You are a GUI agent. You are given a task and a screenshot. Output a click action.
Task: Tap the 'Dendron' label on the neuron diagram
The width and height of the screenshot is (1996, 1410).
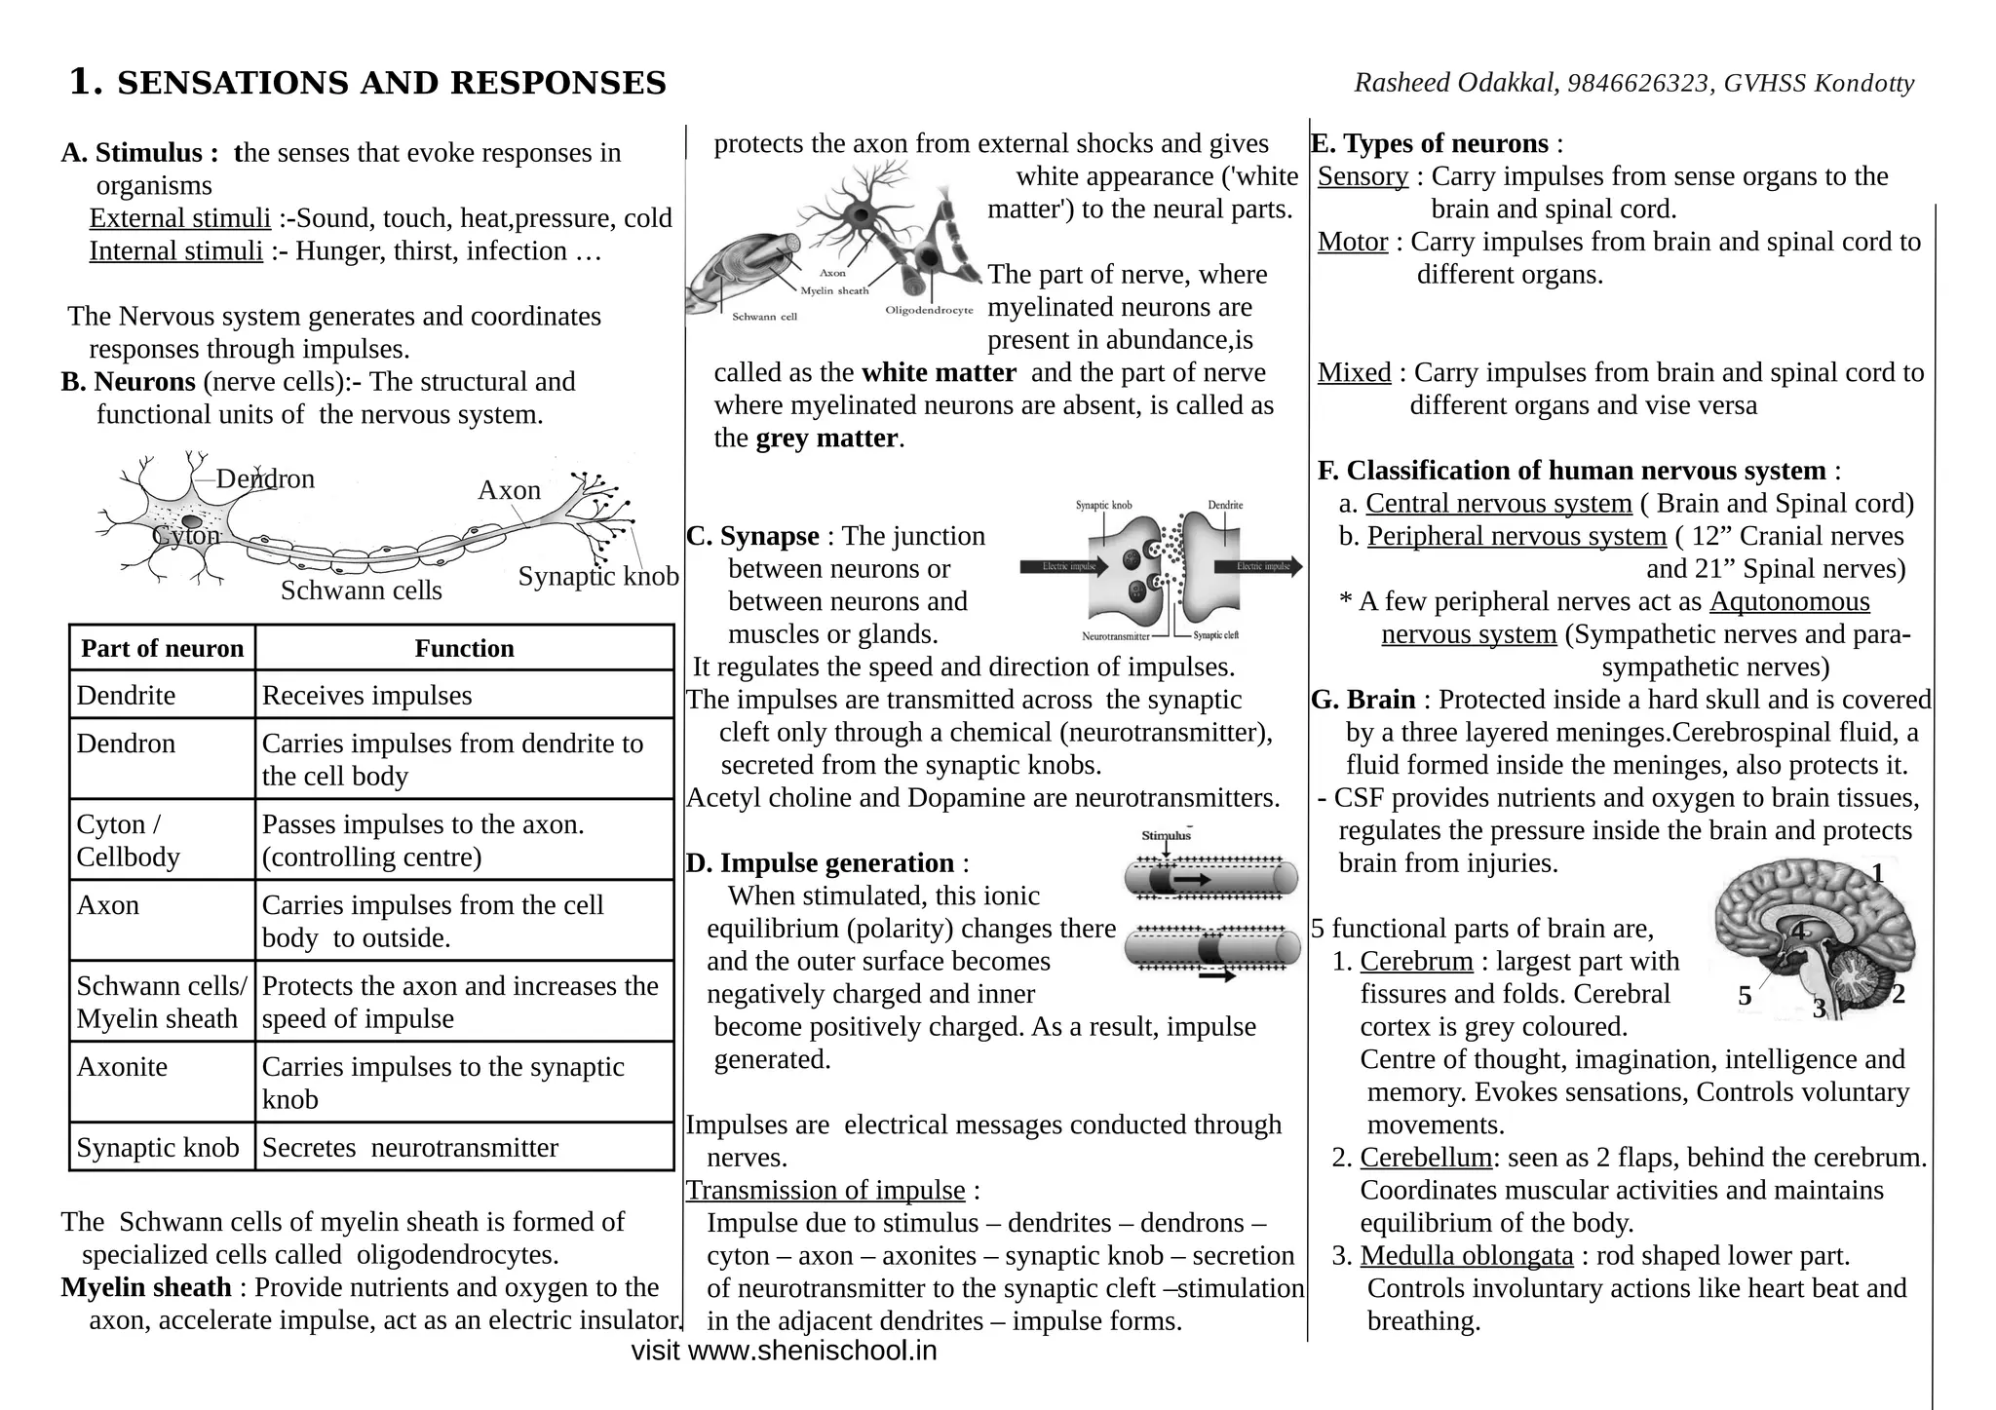coord(265,478)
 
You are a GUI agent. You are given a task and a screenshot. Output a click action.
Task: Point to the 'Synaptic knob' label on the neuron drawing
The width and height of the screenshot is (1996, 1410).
coord(597,576)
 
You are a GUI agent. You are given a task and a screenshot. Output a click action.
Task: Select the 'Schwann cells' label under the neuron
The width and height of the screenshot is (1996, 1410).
coord(361,591)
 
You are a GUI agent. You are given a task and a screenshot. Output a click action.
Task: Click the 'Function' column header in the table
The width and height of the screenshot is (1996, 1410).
coord(464,649)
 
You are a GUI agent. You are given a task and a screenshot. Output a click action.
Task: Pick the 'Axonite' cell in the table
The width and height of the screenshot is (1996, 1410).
coord(122,1067)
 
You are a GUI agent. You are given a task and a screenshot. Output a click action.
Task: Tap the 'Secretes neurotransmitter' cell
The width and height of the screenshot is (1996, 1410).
coord(409,1148)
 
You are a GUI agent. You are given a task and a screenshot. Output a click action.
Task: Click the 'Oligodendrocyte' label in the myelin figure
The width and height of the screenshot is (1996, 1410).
coord(929,311)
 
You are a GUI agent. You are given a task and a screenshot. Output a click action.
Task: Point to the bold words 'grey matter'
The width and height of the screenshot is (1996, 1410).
coord(826,438)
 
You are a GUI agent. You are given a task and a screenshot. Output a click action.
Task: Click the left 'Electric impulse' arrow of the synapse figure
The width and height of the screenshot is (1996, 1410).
coord(1064,566)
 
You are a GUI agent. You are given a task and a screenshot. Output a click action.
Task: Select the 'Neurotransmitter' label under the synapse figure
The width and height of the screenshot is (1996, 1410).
coord(1115,636)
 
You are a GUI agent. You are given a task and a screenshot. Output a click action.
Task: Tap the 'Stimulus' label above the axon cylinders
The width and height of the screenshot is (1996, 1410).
coord(1166,836)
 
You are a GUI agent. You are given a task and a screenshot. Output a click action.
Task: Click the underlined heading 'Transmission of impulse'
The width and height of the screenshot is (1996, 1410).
coord(825,1191)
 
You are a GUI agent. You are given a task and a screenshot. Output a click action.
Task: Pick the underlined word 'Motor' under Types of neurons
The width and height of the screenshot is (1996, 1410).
coord(1352,242)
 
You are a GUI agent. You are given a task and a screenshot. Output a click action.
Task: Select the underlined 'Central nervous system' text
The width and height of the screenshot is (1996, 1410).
coord(1498,504)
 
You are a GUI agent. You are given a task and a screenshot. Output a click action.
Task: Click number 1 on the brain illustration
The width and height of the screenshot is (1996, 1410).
coord(1877,874)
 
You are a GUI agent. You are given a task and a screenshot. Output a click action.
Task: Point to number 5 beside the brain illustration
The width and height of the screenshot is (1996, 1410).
coord(1745,996)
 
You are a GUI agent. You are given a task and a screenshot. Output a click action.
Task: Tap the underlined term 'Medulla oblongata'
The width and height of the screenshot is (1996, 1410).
coord(1466,1256)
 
